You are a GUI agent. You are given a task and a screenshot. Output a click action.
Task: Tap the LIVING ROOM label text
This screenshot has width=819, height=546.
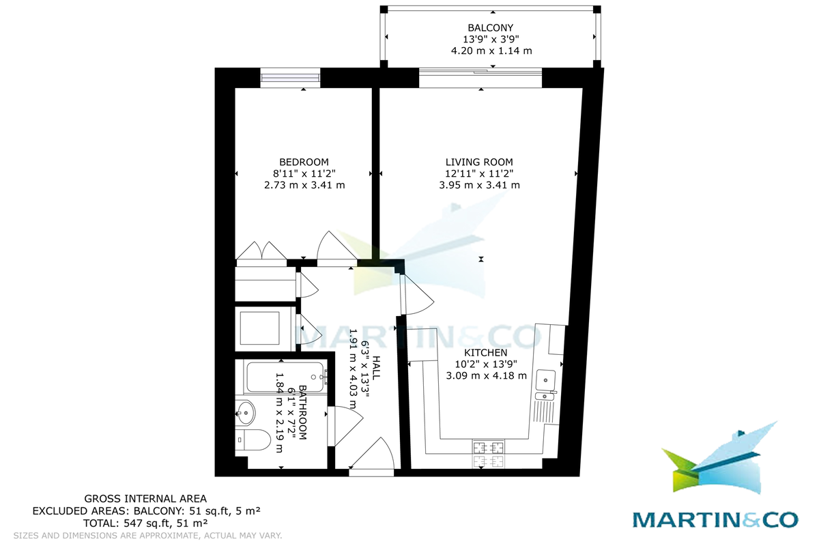click(479, 162)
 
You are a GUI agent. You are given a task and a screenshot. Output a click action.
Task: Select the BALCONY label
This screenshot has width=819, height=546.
click(491, 27)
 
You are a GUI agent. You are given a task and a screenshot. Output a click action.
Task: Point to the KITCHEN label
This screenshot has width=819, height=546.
click(485, 353)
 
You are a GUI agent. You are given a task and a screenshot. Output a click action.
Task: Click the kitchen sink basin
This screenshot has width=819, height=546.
click(547, 378)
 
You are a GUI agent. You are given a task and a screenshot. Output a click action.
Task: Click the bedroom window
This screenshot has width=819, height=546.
click(291, 78)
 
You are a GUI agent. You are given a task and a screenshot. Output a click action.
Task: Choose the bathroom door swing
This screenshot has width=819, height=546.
click(339, 427)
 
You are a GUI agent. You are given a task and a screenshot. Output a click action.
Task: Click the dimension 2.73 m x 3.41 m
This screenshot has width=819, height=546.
click(304, 185)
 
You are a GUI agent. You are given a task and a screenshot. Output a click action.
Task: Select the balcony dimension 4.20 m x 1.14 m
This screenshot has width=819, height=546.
click(491, 51)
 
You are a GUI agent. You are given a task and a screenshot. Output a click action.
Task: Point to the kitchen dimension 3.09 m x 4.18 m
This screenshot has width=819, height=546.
click(485, 375)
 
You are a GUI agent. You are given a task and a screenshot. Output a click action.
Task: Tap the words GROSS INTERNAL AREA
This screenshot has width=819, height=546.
click(145, 499)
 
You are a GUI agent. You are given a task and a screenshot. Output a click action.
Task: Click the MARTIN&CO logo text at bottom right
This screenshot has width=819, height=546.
click(715, 519)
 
